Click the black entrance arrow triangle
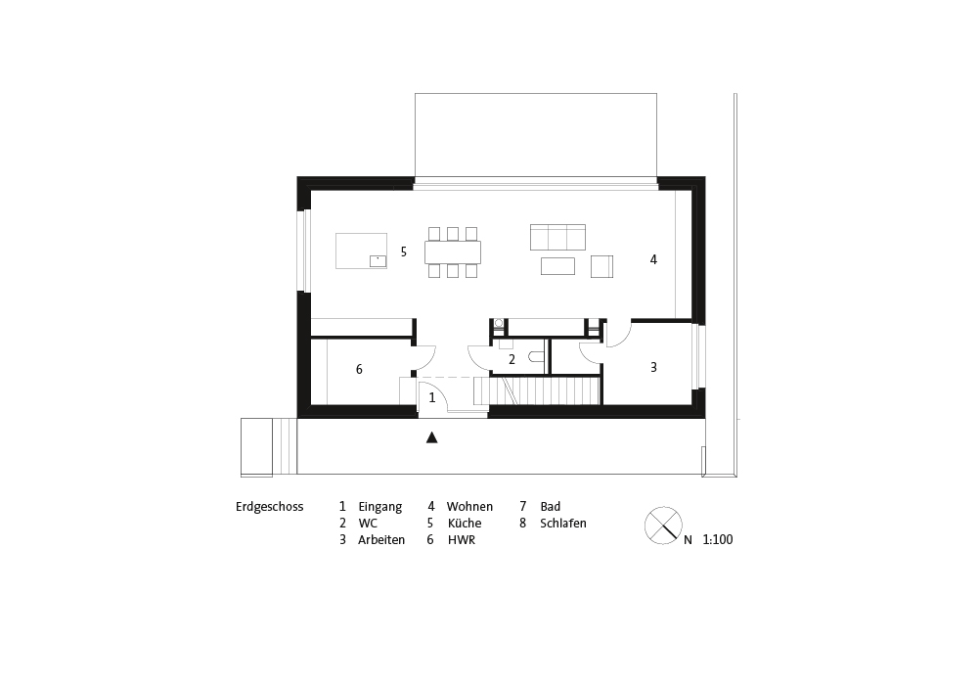coord(431,437)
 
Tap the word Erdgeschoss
coord(269,507)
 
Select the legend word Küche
coord(465,523)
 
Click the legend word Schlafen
coord(563,523)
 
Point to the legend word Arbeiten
coord(381,540)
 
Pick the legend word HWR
coord(462,540)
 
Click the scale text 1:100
coord(718,540)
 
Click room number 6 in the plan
coord(359,369)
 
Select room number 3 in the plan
coord(653,367)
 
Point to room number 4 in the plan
coord(653,259)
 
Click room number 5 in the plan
coord(404,252)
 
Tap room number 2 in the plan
coord(512,359)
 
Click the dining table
coord(453,252)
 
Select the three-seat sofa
coord(558,238)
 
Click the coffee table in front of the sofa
coord(558,266)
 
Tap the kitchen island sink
coord(378,261)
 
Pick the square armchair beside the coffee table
coord(601,266)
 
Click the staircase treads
coord(537,391)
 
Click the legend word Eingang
coord(380,507)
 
